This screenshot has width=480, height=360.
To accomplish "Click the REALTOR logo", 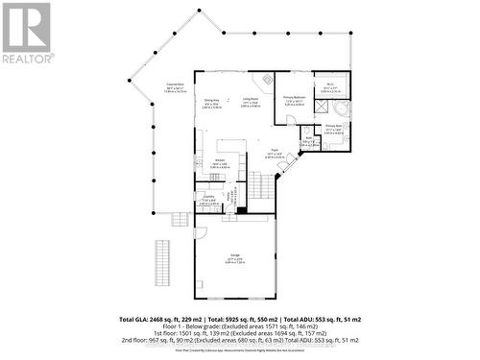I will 26,34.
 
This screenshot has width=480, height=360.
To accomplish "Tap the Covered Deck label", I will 174,87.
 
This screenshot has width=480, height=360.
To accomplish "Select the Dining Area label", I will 211,101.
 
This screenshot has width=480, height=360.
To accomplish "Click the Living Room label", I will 251,100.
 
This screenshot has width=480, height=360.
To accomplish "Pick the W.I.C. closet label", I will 328,87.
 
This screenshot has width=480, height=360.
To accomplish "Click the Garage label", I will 234,256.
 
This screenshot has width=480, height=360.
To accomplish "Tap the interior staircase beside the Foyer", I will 258,181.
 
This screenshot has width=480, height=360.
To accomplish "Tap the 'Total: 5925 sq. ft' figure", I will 254,318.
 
